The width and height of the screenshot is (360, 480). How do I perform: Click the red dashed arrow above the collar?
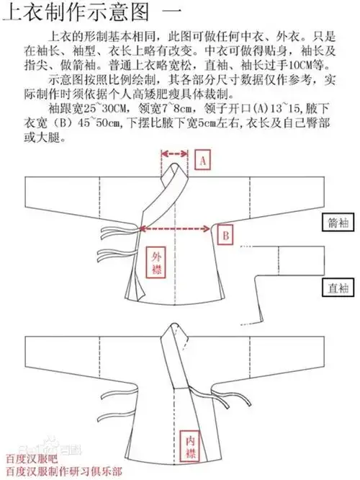click(x=176, y=152)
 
